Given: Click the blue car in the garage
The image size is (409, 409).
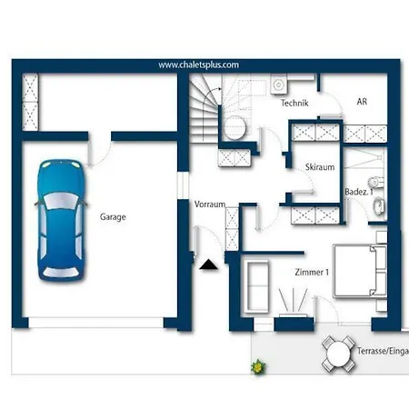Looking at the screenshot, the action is coord(61,220).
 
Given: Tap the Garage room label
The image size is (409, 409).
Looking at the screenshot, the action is coord(113,217).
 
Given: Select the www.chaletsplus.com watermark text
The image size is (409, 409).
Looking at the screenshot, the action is coord(198,65).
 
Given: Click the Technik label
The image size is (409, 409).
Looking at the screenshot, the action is coord(294,103).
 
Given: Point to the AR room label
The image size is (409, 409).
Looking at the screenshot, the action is coord(362,102).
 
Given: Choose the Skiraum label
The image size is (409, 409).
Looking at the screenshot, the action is coord(320,167).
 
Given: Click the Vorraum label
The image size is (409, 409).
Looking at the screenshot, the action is coord(210,204).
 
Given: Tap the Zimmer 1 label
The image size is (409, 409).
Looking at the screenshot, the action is coord(312,272).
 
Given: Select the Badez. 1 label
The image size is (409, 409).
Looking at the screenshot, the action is coord(359,192).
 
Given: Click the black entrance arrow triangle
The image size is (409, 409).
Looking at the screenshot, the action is coord(208,264).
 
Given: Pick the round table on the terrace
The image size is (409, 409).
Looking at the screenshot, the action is coord(338,354).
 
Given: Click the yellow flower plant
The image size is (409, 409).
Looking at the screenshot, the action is coord(258,367).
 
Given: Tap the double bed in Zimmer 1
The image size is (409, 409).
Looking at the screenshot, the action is coord(360,271).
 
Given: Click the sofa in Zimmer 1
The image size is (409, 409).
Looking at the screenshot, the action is coord(256,286).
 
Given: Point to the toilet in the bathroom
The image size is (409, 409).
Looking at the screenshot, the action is coord(376,182).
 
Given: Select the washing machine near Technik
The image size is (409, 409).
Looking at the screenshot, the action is coord(278,85).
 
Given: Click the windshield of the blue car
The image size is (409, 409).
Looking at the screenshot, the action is coord(61,201).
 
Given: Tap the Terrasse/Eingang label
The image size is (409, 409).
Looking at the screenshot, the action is coord(383,351).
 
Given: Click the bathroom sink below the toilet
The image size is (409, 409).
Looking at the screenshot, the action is coord(378,206).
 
